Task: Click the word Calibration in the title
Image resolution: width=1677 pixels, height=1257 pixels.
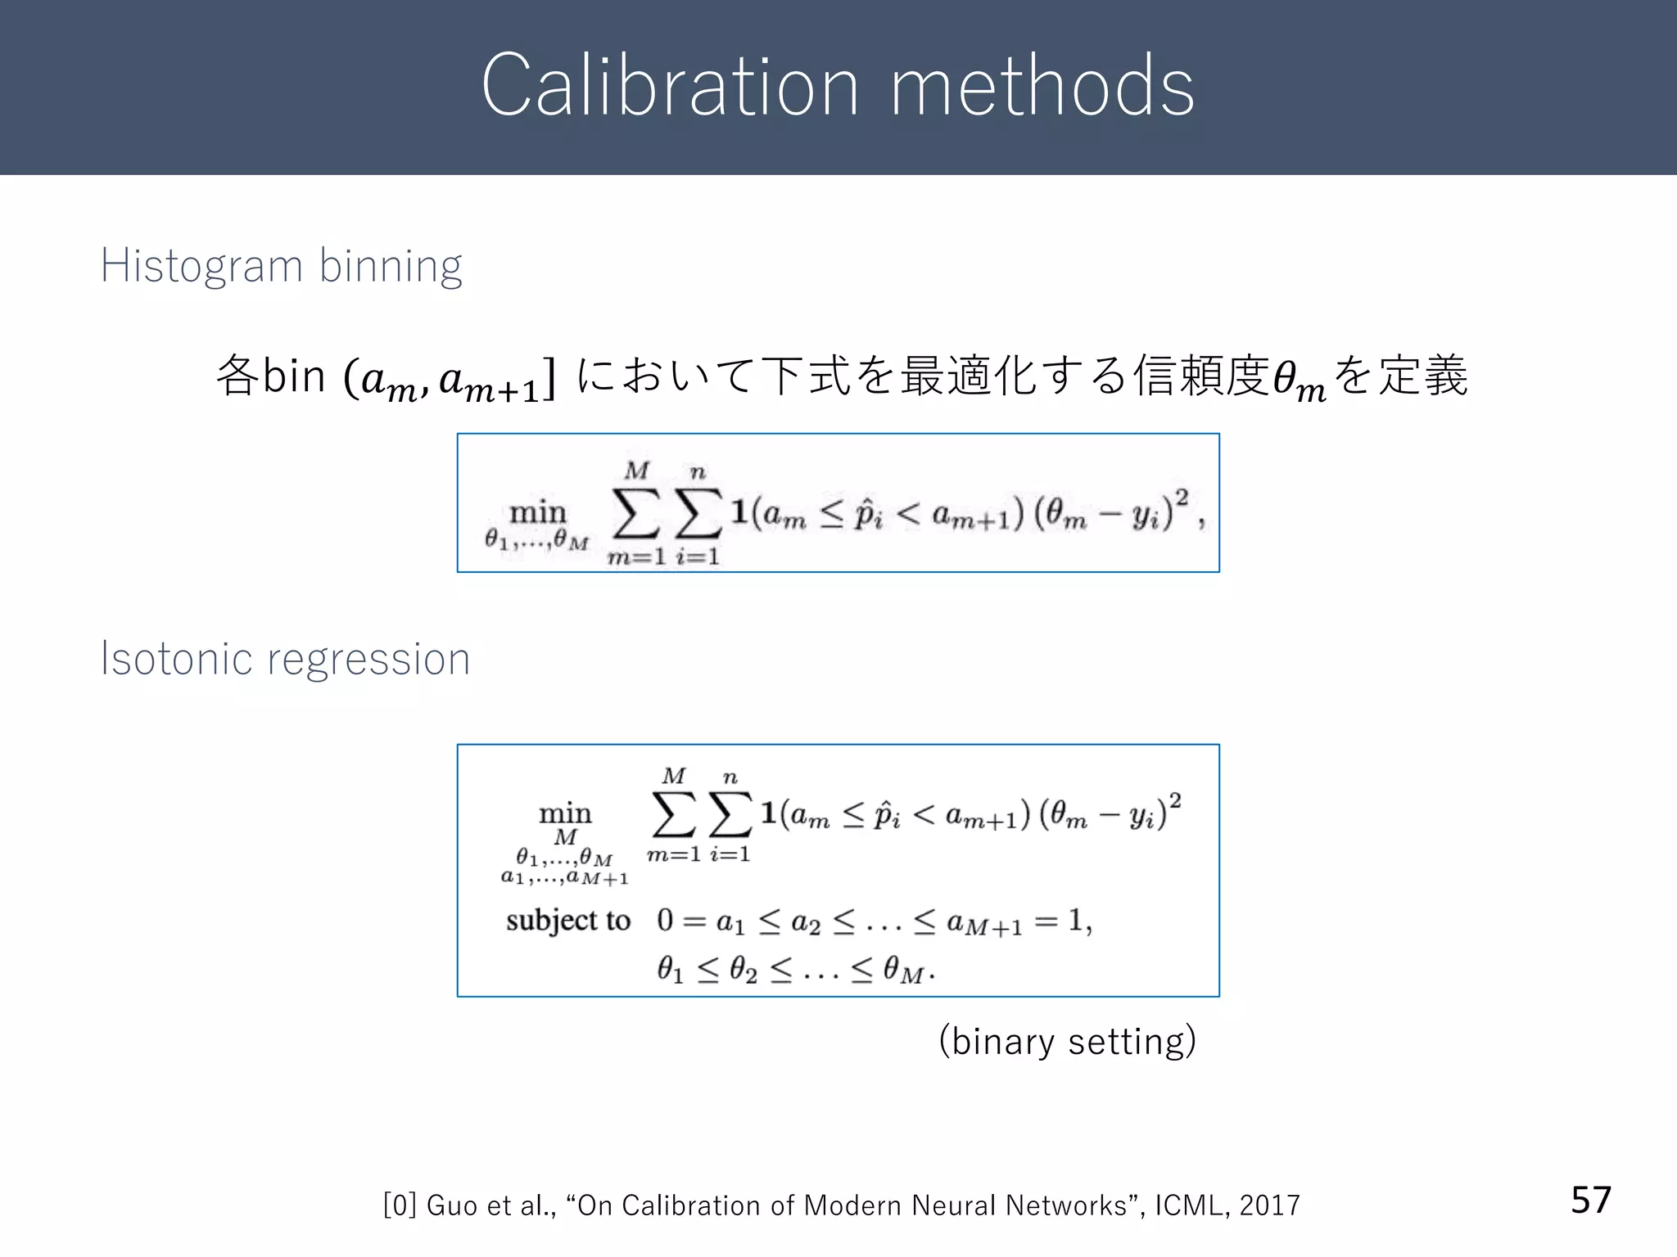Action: click(670, 86)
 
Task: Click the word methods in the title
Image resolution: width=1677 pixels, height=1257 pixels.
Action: click(1042, 86)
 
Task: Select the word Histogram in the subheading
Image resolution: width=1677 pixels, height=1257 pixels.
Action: click(201, 267)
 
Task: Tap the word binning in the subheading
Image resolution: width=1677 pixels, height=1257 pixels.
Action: click(391, 267)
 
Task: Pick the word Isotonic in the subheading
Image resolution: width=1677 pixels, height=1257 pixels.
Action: click(176, 659)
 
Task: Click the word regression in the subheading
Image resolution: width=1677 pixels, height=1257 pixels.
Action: click(368, 659)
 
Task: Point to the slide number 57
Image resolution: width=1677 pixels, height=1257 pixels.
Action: click(1590, 1200)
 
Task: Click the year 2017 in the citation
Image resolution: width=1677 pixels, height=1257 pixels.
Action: click(1269, 1205)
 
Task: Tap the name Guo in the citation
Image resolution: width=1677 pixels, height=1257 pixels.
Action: click(454, 1205)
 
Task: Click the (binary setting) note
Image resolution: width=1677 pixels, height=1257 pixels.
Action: click(1067, 1042)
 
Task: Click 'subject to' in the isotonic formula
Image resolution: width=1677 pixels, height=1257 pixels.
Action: click(568, 921)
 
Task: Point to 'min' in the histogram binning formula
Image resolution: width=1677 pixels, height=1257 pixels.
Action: click(538, 512)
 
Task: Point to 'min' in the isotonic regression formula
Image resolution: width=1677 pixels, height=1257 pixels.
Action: click(565, 813)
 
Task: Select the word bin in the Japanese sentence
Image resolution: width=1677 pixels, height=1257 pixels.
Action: click(294, 376)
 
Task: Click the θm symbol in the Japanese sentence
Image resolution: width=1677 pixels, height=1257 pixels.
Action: click(1299, 380)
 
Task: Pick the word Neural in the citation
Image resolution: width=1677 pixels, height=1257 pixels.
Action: click(954, 1205)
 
